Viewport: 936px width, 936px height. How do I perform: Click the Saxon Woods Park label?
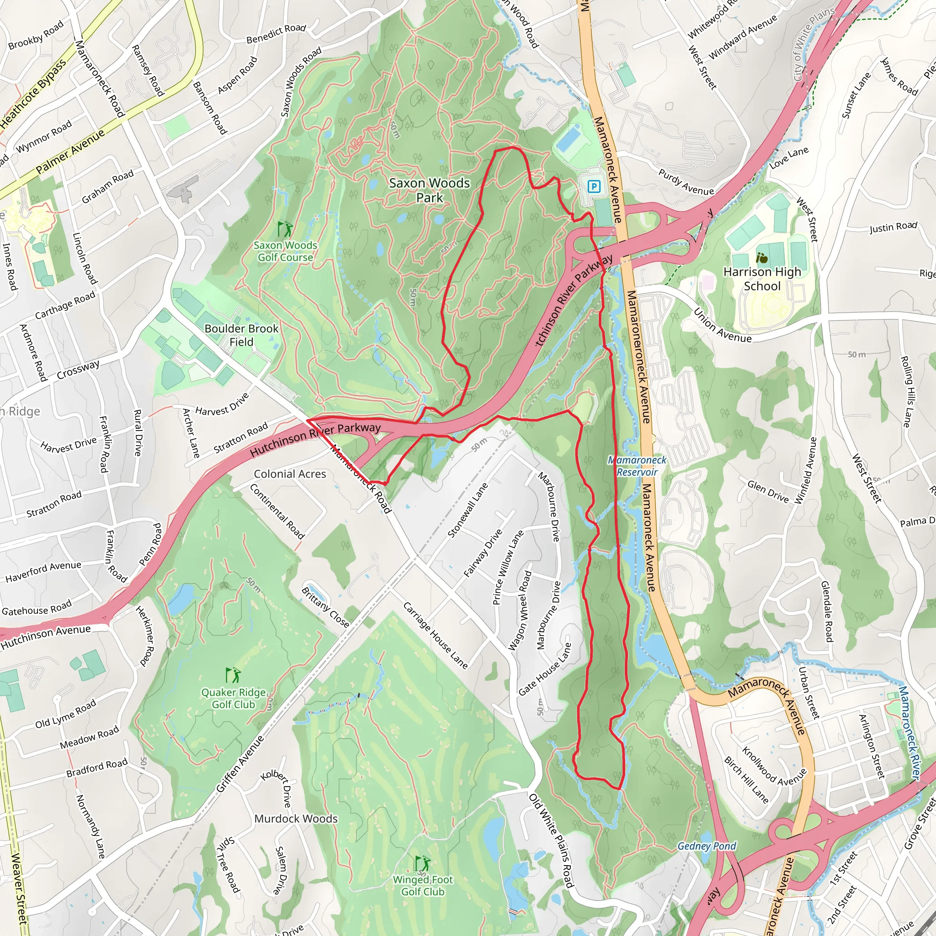(x=429, y=190)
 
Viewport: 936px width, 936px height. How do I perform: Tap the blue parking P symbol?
(x=594, y=186)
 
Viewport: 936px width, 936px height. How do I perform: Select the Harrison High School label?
(x=761, y=279)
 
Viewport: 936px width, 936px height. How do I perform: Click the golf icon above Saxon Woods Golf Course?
(x=285, y=228)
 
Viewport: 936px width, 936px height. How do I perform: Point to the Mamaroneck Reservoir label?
(x=637, y=466)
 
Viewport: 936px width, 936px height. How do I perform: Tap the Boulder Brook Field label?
(x=241, y=335)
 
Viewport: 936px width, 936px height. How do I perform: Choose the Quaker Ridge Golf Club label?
(x=234, y=698)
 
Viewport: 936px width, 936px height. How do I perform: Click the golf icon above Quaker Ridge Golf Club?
(x=233, y=675)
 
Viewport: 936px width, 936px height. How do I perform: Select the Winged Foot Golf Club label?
(x=422, y=885)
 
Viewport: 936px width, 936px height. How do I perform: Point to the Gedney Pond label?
(x=707, y=846)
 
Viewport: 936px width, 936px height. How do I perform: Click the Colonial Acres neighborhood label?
(x=290, y=474)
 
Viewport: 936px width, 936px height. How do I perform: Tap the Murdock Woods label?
(x=296, y=818)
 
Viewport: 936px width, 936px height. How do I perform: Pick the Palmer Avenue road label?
(x=70, y=151)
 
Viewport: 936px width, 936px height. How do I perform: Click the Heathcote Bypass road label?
(x=33, y=95)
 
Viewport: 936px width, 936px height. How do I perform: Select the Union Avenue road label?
(x=723, y=325)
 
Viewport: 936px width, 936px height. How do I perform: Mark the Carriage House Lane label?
(x=435, y=636)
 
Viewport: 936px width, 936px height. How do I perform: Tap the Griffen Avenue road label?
(x=240, y=764)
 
